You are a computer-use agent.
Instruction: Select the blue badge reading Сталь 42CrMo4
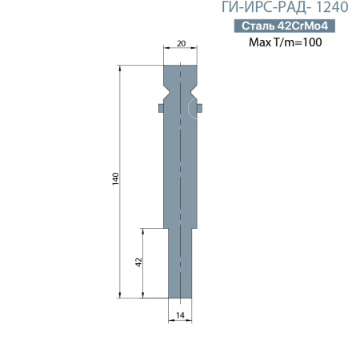pos(286,26)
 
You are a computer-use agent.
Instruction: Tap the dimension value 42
pos(138,262)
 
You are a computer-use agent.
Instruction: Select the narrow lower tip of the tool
pos(180,264)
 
